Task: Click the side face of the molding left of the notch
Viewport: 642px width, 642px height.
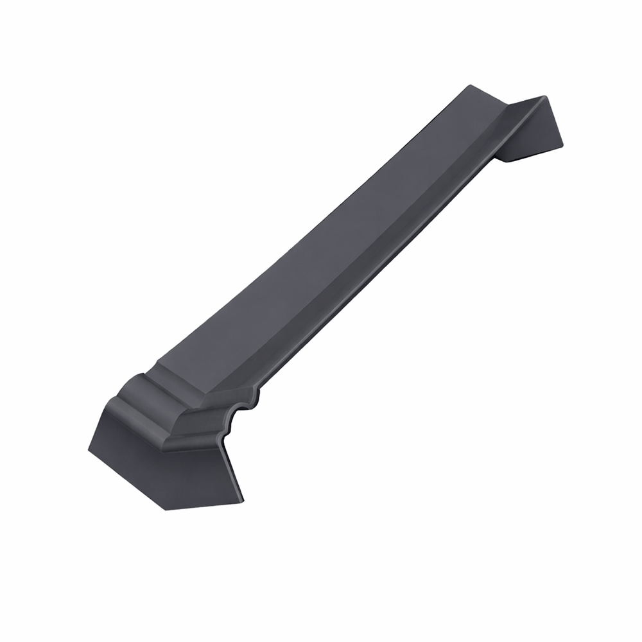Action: (205, 421)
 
